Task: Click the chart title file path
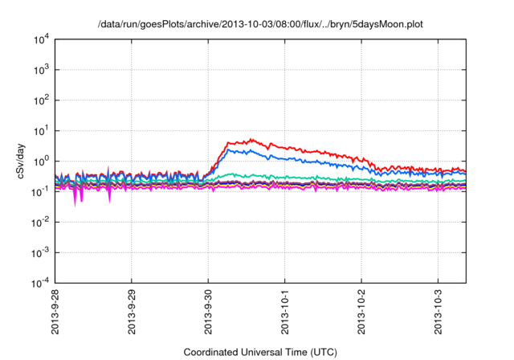pos(259,24)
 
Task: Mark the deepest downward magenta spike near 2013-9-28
pos(75,206)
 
